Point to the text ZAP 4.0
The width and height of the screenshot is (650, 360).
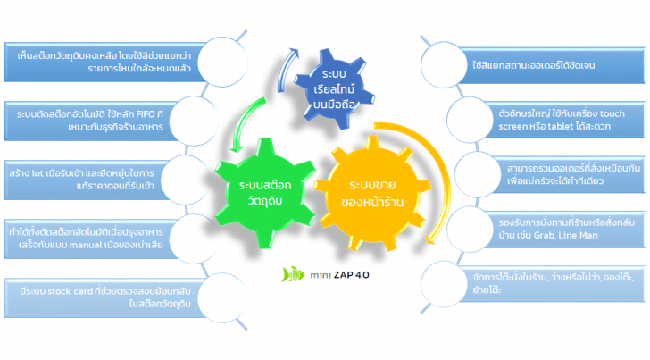(349, 274)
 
